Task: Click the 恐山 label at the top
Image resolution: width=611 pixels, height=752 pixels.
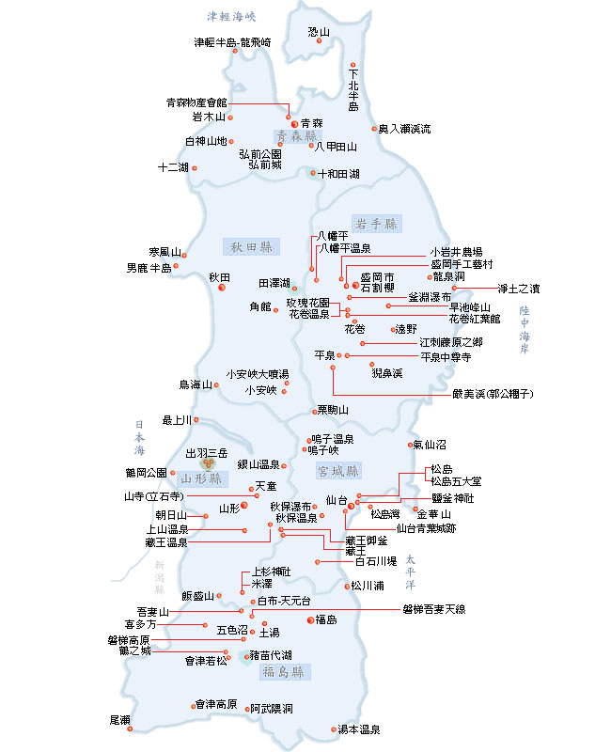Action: (x=320, y=32)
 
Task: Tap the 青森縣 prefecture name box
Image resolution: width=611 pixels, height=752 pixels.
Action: (x=293, y=135)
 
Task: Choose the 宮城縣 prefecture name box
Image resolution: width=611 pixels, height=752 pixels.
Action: (x=339, y=470)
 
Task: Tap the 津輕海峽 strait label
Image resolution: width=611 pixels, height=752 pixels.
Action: (x=231, y=16)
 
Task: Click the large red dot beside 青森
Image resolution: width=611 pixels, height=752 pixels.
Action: (x=294, y=123)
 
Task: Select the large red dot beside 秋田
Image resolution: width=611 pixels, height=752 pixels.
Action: (x=222, y=288)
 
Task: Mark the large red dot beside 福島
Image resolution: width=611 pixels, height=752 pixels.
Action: (x=309, y=619)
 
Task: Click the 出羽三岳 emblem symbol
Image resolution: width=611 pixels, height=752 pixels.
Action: (x=211, y=462)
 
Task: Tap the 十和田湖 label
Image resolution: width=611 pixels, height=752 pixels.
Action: (x=337, y=174)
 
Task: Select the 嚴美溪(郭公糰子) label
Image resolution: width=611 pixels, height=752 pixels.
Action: (x=493, y=394)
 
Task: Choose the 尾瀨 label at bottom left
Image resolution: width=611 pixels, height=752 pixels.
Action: (x=119, y=719)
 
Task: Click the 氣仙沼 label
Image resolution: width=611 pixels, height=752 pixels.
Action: (x=429, y=444)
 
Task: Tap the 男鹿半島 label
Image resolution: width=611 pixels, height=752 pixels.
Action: (x=149, y=268)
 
